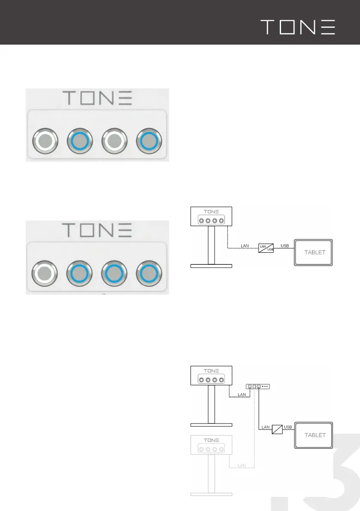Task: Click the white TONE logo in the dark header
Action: [x=298, y=27]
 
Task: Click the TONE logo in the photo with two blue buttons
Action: [x=97, y=98]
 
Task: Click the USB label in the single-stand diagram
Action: [x=284, y=245]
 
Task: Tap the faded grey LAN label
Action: [x=242, y=465]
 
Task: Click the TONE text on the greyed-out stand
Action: [x=211, y=440]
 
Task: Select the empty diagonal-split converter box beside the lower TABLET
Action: [x=278, y=430]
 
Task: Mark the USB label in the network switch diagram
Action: [x=288, y=427]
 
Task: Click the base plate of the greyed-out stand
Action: [x=211, y=494]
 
